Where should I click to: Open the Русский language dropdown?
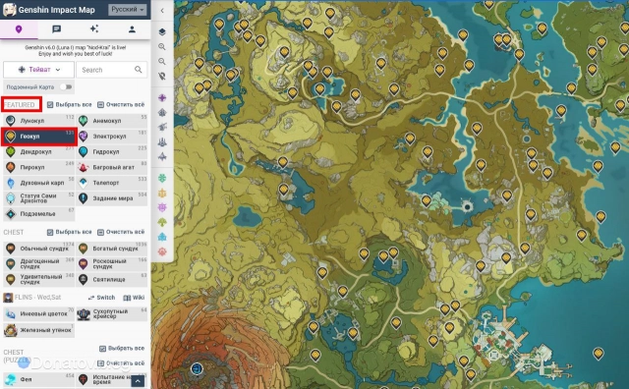point(126,9)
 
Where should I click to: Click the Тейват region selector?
point(38,71)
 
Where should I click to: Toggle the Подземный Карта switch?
point(66,86)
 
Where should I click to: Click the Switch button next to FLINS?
point(101,297)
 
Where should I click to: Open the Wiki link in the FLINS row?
point(139,297)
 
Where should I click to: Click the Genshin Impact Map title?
point(56,9)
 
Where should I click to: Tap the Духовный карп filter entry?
point(39,183)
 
